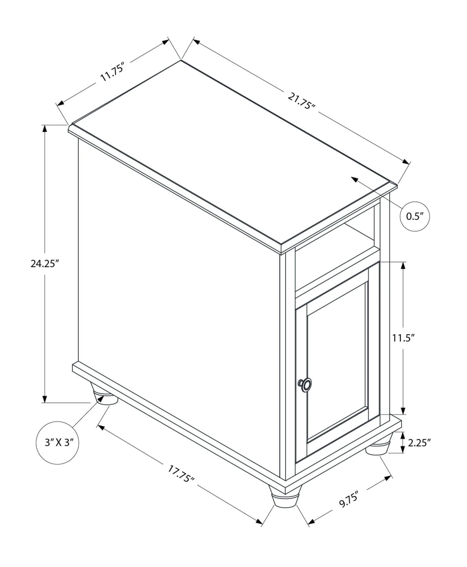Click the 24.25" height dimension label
pos(44,263)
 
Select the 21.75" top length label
pos(301,101)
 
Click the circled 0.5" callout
pos(415,216)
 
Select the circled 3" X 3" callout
pos(58,443)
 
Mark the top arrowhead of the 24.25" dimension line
pos(45,129)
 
